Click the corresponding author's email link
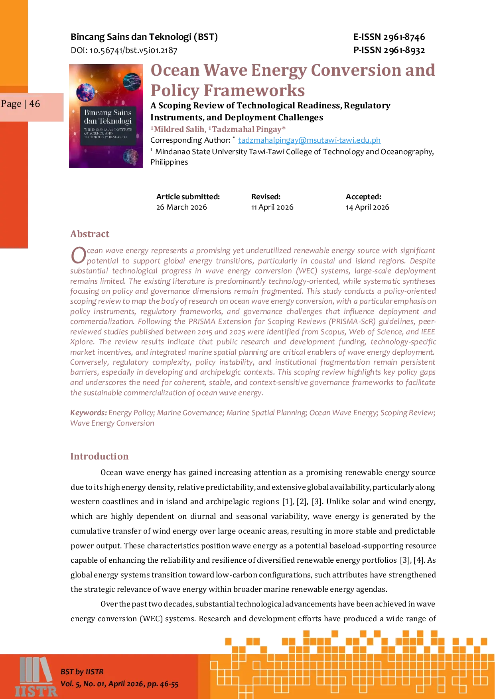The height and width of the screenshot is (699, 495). (x=309, y=140)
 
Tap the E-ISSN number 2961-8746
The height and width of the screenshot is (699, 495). (x=404, y=37)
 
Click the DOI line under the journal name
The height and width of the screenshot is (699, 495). (x=124, y=50)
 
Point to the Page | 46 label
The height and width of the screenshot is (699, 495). (x=20, y=104)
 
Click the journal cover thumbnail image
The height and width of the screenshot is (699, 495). (x=106, y=116)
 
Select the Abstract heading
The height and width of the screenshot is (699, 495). (x=90, y=234)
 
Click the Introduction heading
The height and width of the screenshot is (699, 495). (x=99, y=456)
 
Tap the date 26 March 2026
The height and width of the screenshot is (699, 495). (x=181, y=207)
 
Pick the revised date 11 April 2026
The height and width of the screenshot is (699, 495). (x=272, y=207)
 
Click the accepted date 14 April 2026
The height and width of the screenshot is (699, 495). (x=367, y=207)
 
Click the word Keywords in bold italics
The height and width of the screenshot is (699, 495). (x=89, y=413)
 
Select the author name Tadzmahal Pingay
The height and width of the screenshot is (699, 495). (x=247, y=129)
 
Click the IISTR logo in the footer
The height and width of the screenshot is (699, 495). (x=36, y=677)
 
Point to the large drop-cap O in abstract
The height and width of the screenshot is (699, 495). (x=79, y=255)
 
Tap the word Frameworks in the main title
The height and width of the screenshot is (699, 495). (x=254, y=90)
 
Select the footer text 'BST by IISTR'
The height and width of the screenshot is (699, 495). (x=82, y=672)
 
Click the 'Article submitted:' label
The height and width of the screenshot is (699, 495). (x=188, y=197)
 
